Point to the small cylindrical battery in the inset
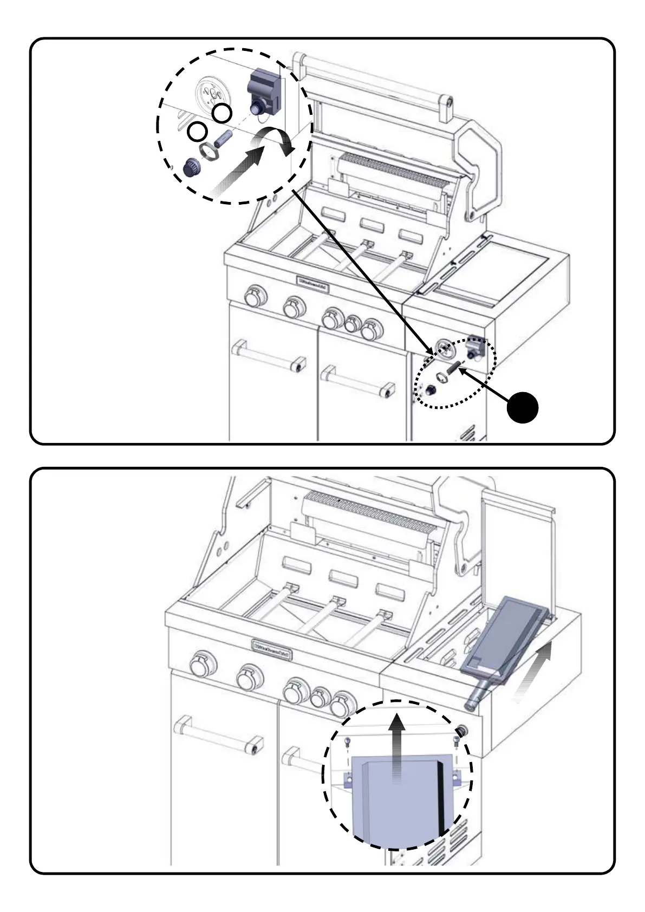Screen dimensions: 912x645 coord(223,137)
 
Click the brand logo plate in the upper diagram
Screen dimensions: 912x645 coord(313,282)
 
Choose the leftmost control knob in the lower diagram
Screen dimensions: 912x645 coord(204,663)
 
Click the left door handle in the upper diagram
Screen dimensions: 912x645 coord(268,355)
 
